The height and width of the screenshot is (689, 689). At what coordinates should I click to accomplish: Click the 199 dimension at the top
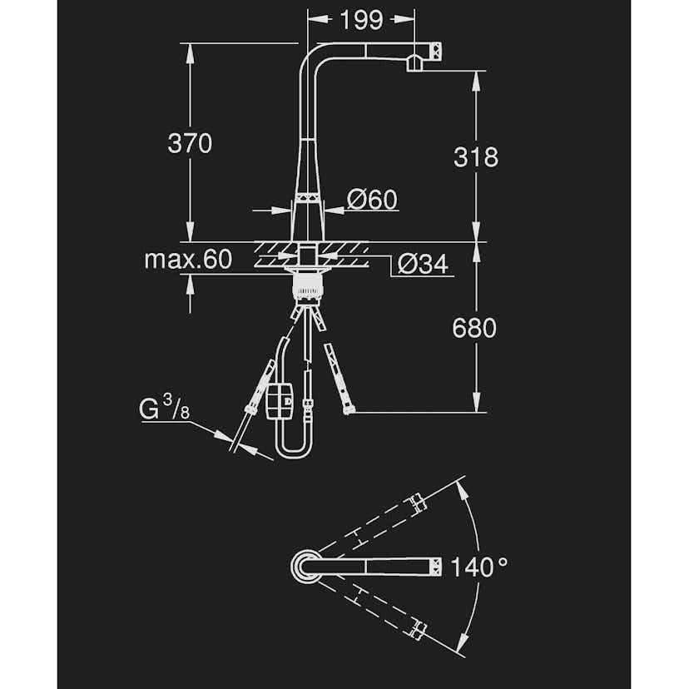tap(360, 19)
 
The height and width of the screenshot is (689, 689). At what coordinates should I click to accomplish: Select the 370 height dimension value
tap(190, 143)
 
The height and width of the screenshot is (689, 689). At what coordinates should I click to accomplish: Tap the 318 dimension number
tap(476, 156)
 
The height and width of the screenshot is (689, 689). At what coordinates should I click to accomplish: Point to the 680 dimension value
tap(474, 328)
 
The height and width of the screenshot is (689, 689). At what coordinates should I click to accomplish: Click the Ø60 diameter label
tap(372, 200)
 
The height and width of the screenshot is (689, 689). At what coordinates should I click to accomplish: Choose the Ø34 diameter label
tap(423, 265)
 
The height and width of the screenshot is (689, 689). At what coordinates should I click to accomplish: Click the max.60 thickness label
tap(187, 260)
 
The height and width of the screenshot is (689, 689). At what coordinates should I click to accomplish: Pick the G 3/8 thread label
tap(162, 409)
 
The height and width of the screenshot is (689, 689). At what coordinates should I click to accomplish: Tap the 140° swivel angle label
tap(478, 568)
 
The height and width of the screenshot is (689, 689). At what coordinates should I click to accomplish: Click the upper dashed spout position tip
tap(418, 502)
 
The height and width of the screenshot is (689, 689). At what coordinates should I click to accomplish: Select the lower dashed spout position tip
tap(418, 630)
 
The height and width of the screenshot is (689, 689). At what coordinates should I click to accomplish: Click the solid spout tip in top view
tap(433, 567)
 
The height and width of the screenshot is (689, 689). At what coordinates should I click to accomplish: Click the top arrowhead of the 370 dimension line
tap(191, 48)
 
